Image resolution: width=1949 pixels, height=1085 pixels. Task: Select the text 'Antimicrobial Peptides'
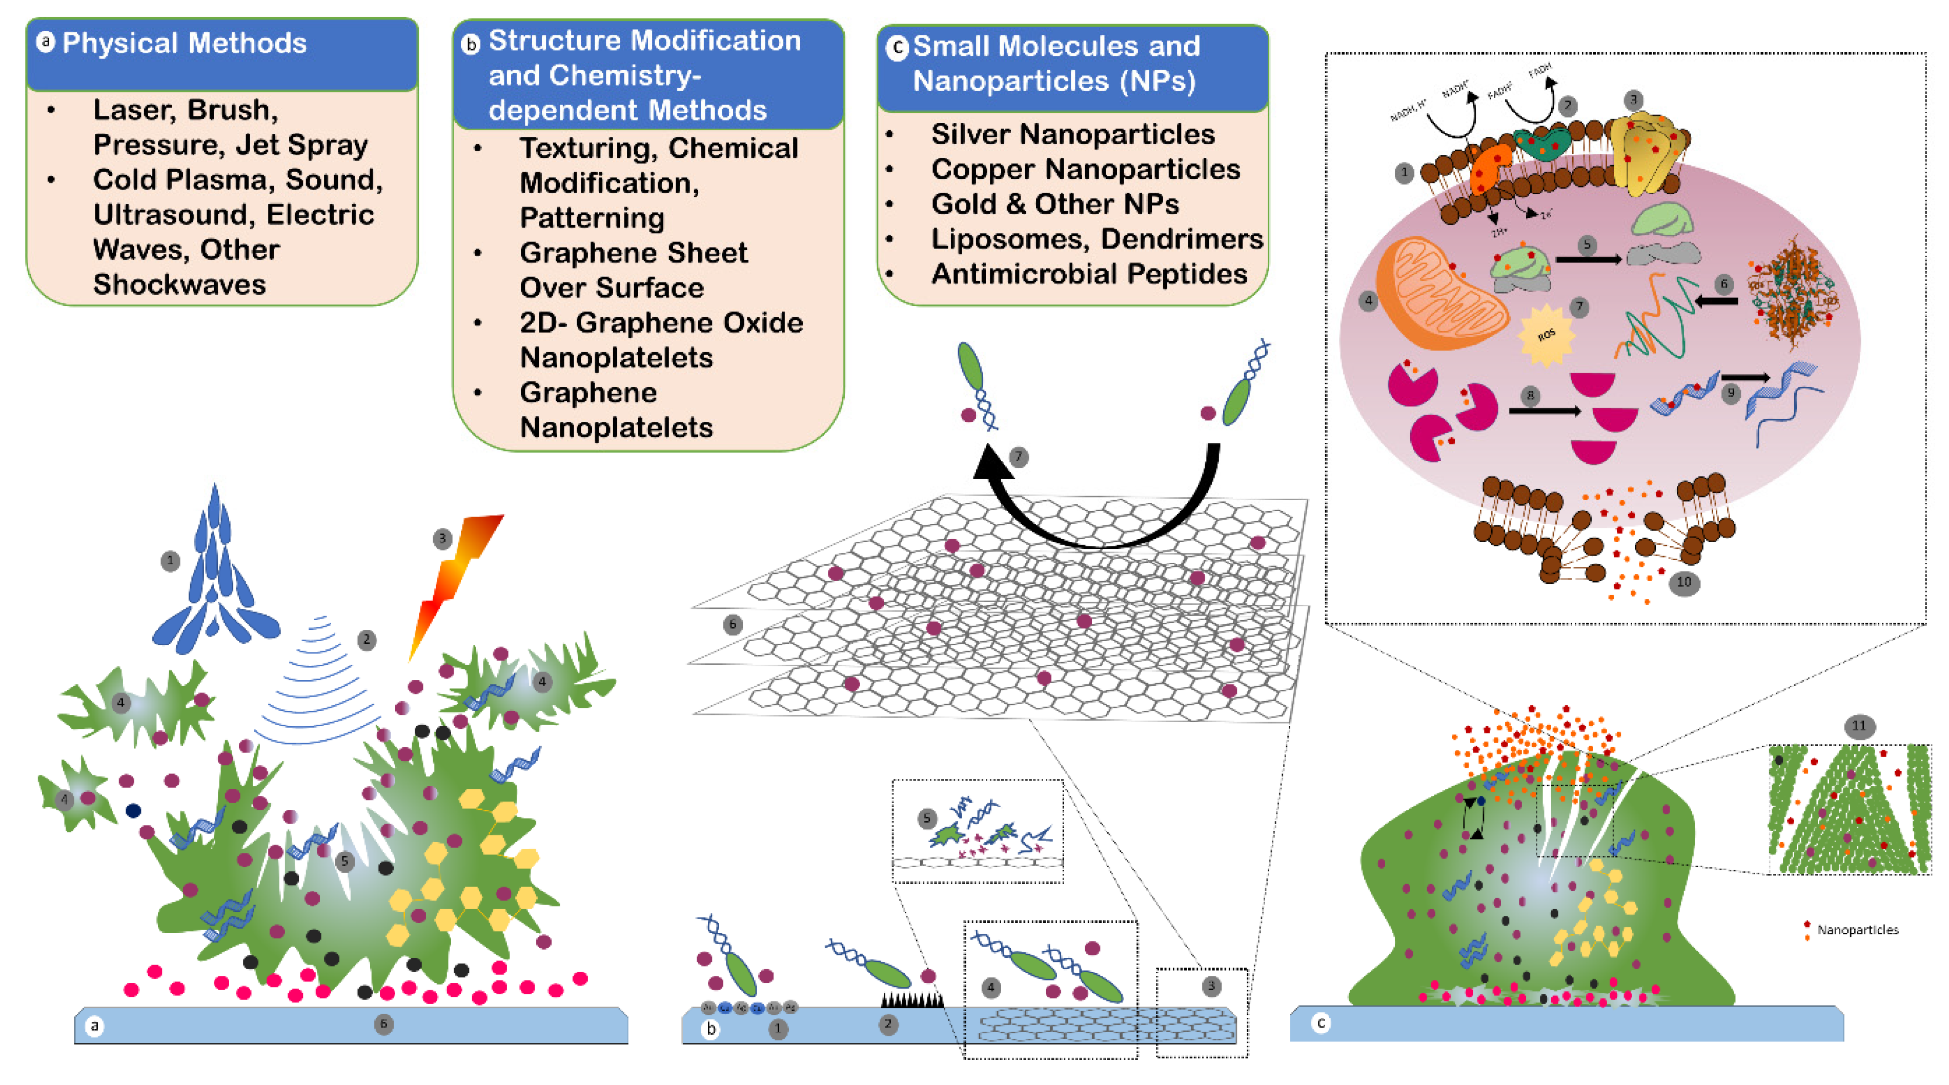1089,274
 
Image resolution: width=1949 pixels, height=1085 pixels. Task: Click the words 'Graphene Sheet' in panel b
633,253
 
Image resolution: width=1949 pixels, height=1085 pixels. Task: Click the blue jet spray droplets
216,583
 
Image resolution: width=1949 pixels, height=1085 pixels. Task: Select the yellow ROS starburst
1546,334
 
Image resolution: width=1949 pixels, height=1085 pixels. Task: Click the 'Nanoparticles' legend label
1857,930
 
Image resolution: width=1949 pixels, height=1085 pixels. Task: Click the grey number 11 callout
1858,726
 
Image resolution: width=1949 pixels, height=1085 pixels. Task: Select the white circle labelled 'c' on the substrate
1321,1023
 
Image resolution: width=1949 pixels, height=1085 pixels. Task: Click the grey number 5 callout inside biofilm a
345,861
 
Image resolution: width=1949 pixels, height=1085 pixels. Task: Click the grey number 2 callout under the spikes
888,1025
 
